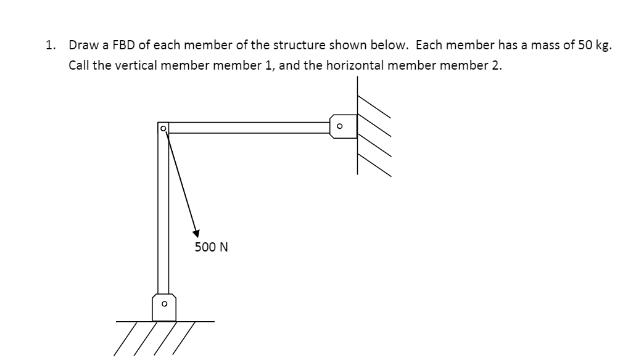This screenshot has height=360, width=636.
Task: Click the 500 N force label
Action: (211, 247)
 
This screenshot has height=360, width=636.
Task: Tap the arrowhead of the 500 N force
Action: (196, 233)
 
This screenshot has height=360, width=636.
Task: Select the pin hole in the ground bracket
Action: (163, 304)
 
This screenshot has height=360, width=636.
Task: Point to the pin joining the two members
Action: (163, 128)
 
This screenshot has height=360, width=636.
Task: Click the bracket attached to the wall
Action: (344, 126)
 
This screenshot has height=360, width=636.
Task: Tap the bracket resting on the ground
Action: (164, 306)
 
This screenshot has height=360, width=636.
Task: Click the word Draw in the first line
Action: (81, 46)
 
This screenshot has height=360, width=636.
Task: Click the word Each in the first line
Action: (429, 46)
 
